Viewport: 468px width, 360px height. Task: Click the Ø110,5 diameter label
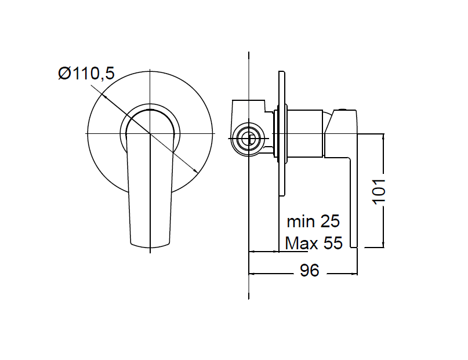tap(86, 74)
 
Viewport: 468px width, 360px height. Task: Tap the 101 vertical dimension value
tap(379, 192)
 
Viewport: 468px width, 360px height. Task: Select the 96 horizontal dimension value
tap(310, 271)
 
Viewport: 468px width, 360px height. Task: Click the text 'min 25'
tap(313, 221)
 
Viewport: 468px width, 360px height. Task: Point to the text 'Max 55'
tap(313, 243)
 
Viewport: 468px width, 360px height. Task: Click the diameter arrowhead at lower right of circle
tap(195, 170)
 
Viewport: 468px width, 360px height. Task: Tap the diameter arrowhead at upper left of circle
tap(104, 96)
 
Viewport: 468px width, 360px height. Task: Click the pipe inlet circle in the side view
tap(248, 139)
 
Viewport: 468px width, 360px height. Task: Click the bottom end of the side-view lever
tap(354, 247)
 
